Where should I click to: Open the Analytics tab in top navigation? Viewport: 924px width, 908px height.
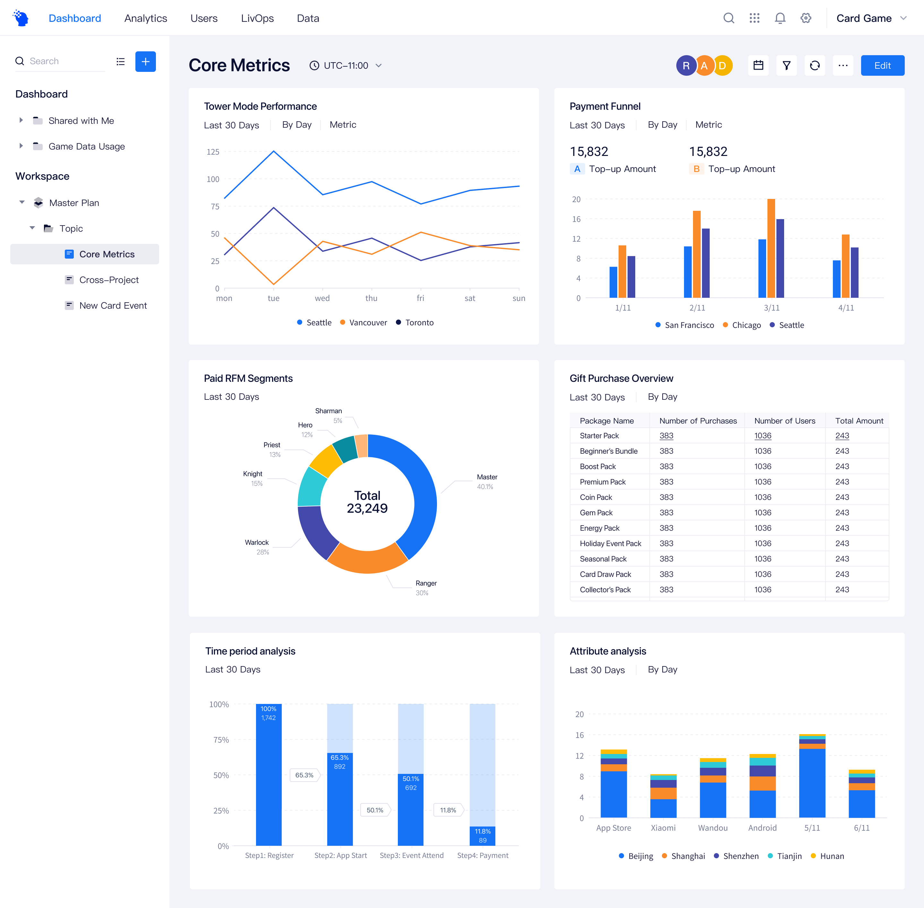(x=145, y=18)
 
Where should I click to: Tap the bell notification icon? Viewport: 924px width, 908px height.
(x=780, y=18)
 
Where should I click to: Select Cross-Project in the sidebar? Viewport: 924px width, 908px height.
(x=109, y=280)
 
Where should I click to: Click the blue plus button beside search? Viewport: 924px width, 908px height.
(x=145, y=62)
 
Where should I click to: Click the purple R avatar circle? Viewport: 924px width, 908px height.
(x=686, y=65)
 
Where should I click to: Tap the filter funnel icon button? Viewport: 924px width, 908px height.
(x=787, y=65)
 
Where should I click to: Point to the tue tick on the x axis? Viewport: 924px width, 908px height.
(x=274, y=298)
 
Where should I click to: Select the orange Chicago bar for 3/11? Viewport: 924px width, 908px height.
(x=771, y=248)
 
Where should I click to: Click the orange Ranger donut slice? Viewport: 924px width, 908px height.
(x=367, y=560)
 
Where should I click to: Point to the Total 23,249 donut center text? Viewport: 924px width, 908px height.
(x=367, y=502)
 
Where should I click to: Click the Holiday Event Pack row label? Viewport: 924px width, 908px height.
(x=610, y=543)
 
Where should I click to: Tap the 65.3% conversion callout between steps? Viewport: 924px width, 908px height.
(x=304, y=775)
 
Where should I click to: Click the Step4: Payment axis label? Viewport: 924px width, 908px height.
(x=483, y=855)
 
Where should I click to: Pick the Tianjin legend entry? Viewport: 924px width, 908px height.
(x=789, y=856)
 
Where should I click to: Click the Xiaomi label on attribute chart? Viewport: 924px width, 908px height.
(x=663, y=828)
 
